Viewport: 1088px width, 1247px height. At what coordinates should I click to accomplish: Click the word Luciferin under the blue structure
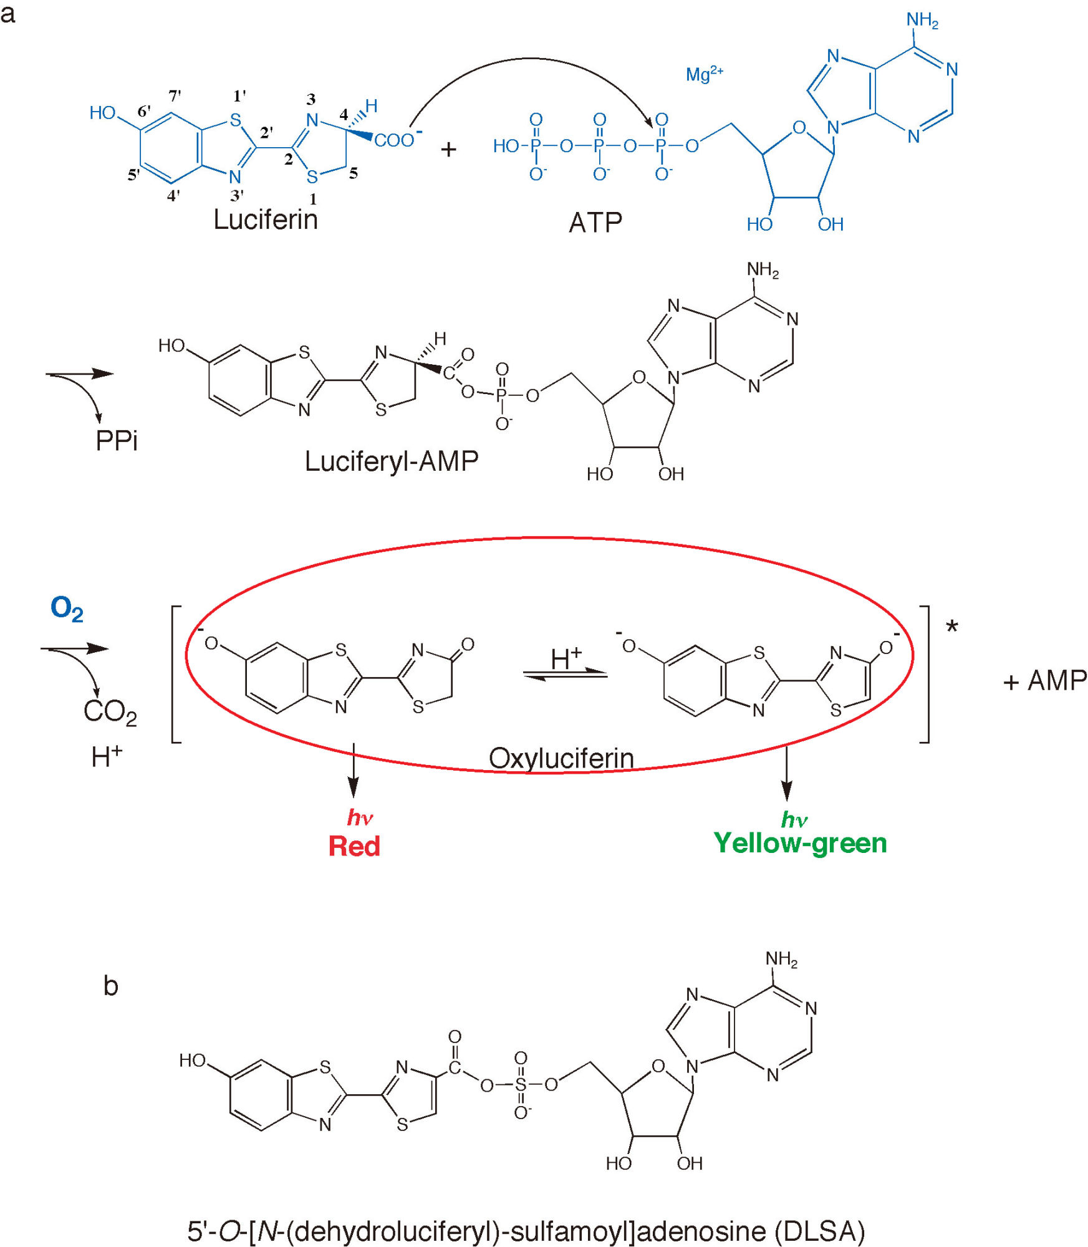tap(265, 219)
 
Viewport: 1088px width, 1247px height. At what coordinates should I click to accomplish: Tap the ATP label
tap(595, 223)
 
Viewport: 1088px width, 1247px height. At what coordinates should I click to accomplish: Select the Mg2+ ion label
tap(704, 74)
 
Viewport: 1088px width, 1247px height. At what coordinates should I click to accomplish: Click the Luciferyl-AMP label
tap(391, 461)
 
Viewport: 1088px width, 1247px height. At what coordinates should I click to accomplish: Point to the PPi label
tap(116, 441)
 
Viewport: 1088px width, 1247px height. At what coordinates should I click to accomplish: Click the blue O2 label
tap(67, 608)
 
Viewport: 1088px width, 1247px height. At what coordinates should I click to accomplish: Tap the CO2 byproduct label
tap(110, 711)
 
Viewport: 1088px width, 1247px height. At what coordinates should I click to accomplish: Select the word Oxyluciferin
tap(561, 758)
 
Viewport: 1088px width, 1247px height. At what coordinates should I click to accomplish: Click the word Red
tap(354, 846)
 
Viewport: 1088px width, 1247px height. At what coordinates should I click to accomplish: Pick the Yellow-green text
tap(800, 843)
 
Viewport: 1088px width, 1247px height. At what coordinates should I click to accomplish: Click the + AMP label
tap(1044, 680)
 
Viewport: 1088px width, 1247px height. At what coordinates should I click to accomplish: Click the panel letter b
tap(110, 986)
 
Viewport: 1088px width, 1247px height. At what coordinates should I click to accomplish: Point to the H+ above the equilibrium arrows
tap(566, 658)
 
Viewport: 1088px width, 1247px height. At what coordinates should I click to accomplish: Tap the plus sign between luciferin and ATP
tap(448, 150)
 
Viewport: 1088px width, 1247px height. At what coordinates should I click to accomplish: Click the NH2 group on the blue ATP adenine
tap(922, 20)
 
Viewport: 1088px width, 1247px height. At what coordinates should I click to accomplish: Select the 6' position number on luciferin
tap(144, 111)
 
